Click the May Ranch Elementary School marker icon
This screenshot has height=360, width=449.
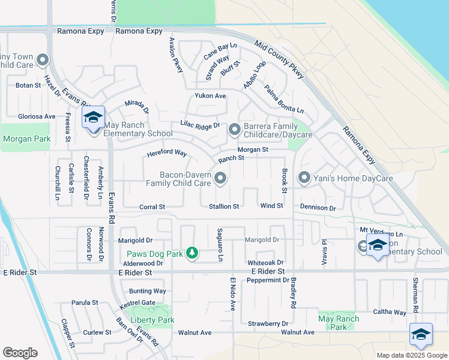coord(93,118)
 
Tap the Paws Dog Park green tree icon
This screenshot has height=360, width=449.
coord(191,253)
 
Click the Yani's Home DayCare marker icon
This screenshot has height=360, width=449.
coord(304,178)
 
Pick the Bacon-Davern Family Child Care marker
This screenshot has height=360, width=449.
coord(221,178)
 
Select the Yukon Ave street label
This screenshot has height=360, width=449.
coord(209,96)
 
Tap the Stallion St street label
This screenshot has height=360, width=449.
coord(224,206)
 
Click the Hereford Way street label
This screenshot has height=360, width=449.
coord(167,154)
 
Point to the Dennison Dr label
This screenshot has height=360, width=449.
coord(318,208)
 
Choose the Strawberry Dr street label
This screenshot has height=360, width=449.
coord(268,323)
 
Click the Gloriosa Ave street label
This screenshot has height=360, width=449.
coord(37,116)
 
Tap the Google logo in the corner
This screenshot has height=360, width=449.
coord(20,353)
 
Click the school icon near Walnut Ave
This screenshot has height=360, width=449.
coord(421,334)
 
